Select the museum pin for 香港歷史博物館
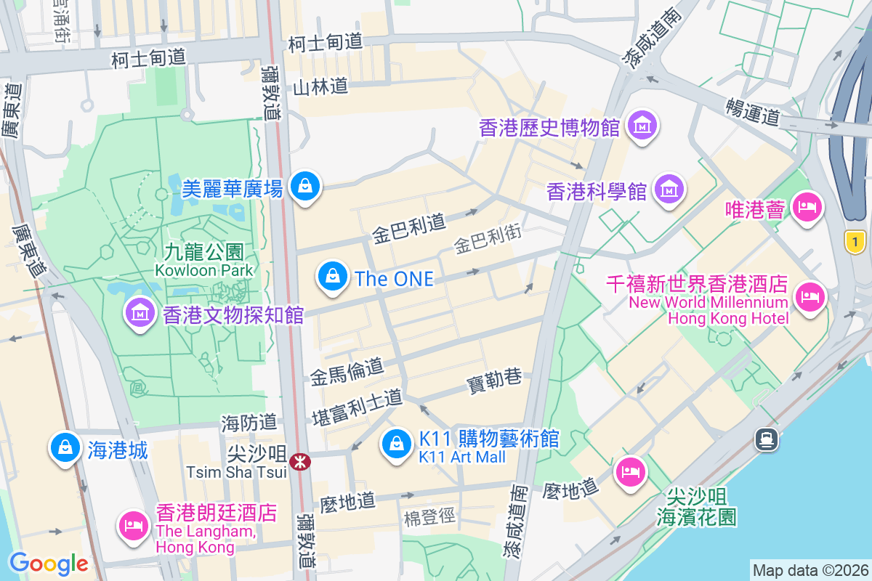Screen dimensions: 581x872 pos(643,126)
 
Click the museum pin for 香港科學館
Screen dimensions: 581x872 pos(669,190)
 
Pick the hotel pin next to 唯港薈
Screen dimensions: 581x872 pos(806,208)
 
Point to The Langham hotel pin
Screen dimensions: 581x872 pos(132,523)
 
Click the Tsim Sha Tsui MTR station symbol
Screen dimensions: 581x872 pos(299,461)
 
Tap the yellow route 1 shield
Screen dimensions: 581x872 pos(857,242)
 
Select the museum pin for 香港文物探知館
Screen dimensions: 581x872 pos(140,313)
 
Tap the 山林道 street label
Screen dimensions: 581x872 pos(320,86)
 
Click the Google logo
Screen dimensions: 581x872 pos(49,564)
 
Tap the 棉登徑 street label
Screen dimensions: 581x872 pos(429,517)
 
